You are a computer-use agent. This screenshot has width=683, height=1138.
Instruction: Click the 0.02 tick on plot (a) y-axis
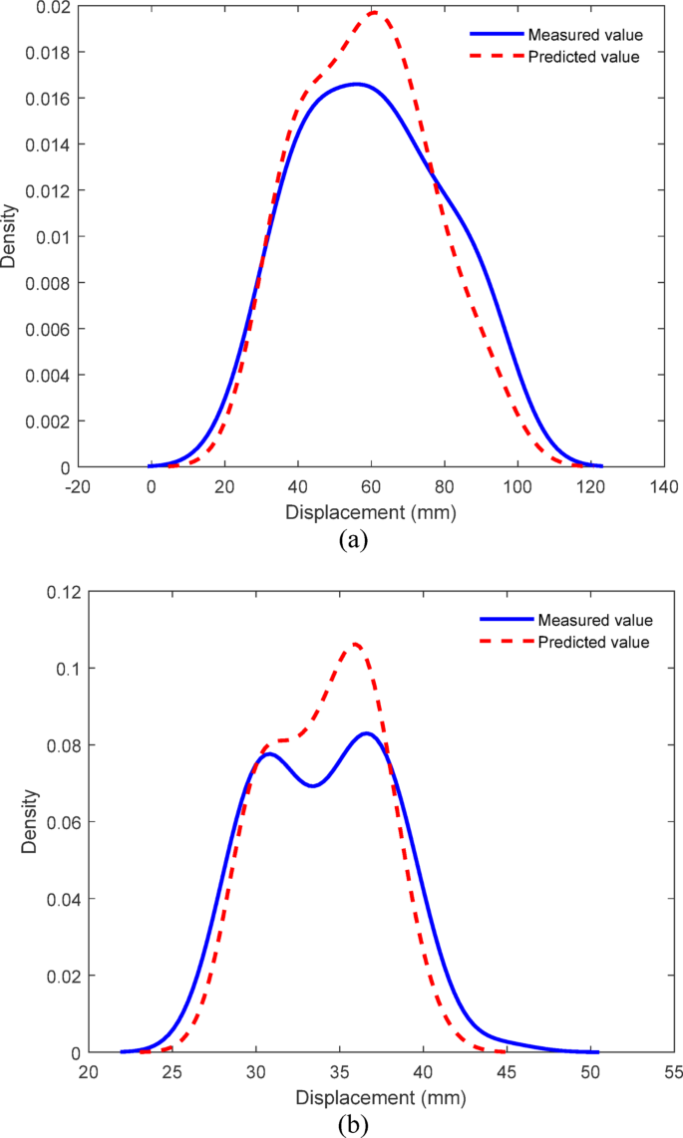pos(50,7)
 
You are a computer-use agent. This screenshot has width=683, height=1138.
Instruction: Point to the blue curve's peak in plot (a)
pos(356,84)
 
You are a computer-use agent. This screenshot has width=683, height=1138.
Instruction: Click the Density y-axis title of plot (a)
pos(9,237)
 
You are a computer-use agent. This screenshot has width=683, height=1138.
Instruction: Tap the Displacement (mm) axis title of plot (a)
pos(370,514)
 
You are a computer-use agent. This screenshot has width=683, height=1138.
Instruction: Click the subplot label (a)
pos(354,541)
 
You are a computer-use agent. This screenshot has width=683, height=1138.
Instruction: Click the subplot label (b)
pos(354,1124)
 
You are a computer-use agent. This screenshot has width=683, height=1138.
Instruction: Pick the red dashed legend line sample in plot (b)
pos(504,643)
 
